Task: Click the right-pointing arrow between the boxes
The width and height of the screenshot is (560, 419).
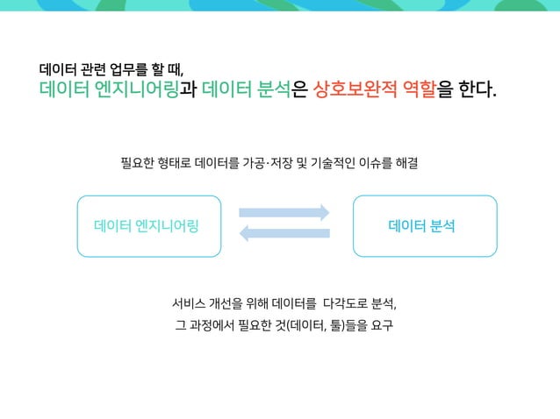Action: (x=284, y=212)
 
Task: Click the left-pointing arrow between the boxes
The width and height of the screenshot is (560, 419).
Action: (x=284, y=232)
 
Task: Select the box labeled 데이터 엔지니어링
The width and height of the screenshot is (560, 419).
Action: (x=147, y=226)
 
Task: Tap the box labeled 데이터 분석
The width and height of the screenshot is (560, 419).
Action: (x=424, y=226)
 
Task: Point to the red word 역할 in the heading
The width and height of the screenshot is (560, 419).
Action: (x=413, y=89)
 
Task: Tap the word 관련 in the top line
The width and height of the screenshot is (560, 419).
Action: (x=90, y=68)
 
